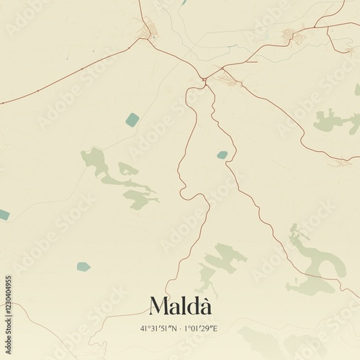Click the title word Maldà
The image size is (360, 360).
pos(180,307)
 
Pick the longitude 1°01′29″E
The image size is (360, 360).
pos(200,328)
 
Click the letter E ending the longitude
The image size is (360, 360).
pos(215,328)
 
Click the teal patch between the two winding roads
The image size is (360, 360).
pos(222,155)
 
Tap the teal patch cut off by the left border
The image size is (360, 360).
pos(4,215)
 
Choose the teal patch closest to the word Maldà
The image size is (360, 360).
pos(84,266)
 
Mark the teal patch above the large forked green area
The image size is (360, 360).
pos(132,120)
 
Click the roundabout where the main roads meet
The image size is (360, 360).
pos(205,80)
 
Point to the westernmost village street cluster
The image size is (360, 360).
pos(148,31)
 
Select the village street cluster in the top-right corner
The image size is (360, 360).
pos(292,35)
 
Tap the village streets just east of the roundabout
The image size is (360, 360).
pos(228,80)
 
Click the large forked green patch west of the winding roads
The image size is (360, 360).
pos(119,176)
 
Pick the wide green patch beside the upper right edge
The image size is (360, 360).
pos(335,120)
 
